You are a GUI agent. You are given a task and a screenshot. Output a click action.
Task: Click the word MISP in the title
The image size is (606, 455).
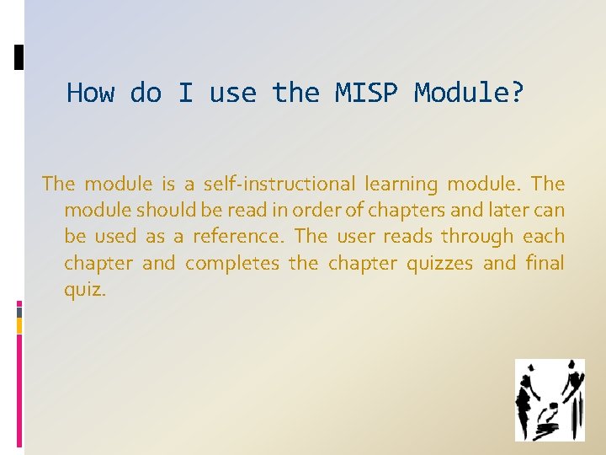366,92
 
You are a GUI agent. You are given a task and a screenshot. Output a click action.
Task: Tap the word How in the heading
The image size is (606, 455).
90,92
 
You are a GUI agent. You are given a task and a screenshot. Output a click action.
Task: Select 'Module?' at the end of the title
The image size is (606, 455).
469,92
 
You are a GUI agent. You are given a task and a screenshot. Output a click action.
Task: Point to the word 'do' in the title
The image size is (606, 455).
146,92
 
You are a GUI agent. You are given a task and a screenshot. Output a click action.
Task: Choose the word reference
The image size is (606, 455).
237,237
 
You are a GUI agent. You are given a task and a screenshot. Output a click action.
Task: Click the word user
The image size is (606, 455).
355,237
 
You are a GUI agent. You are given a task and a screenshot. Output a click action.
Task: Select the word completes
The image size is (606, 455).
231,264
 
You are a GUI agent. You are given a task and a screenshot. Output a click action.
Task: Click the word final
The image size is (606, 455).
545,263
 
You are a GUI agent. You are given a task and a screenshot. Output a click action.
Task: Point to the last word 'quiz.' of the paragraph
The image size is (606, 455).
85,291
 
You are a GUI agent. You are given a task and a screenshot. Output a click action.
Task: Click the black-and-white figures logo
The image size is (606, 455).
550,400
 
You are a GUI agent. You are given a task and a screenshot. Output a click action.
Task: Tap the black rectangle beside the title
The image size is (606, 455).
19,57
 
